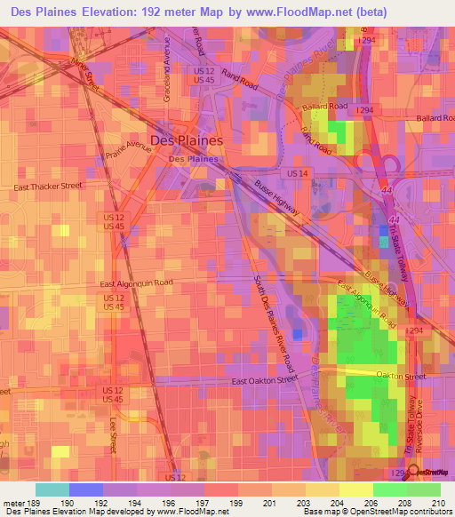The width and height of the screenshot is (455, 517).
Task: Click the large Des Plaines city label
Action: [x=187, y=140]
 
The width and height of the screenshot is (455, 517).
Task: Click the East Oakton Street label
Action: [x=264, y=381]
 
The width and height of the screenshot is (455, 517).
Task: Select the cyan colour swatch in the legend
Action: [x=52, y=489]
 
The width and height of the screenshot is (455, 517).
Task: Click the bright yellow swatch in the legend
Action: [x=356, y=489]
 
